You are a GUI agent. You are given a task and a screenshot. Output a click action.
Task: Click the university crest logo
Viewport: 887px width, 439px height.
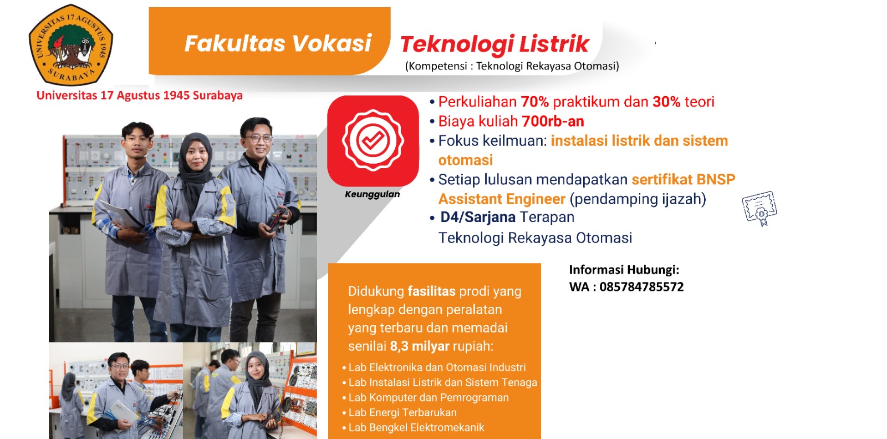(x=71, y=44)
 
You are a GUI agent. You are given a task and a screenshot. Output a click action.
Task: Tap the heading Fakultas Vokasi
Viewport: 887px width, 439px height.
(x=278, y=43)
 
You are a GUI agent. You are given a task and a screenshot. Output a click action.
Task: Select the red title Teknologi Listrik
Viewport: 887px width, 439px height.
(x=495, y=44)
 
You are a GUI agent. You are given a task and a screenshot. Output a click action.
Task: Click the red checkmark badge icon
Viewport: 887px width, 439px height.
(x=373, y=141)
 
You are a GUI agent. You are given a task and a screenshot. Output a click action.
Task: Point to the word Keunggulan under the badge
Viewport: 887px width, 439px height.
(x=372, y=194)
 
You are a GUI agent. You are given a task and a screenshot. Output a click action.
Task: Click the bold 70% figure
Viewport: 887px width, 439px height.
(x=534, y=102)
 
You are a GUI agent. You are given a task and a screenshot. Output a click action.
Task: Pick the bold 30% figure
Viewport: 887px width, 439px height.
(x=666, y=102)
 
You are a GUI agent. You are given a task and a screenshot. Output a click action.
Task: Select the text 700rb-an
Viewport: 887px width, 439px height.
(x=553, y=122)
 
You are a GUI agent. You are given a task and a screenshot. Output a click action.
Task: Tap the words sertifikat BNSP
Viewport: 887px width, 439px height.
(x=684, y=180)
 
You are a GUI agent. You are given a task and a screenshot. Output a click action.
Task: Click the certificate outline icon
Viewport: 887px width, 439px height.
(x=759, y=208)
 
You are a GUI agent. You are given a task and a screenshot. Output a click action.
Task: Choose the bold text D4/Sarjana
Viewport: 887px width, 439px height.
(x=478, y=218)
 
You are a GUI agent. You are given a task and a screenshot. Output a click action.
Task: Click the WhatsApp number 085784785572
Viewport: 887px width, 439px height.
(x=641, y=287)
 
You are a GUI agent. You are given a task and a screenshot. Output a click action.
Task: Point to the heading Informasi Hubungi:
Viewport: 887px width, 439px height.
(x=624, y=270)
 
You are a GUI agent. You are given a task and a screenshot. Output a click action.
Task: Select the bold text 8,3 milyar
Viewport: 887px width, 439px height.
(x=419, y=346)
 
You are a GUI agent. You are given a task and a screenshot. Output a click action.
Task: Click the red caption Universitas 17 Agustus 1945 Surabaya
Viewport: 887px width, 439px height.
(x=139, y=95)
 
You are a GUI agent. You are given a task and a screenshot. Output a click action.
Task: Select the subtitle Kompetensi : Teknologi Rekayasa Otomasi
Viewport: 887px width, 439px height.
(x=512, y=66)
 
